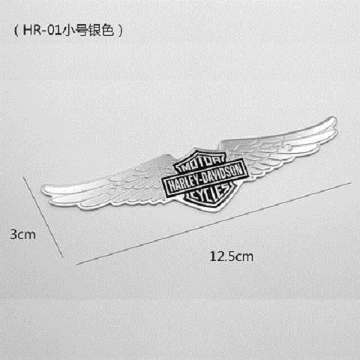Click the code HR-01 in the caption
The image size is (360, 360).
click(42, 31)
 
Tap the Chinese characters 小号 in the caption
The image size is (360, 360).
click(74, 31)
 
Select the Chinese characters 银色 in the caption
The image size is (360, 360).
click(100, 31)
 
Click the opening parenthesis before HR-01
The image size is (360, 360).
click(16, 31)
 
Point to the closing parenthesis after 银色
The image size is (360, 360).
click(120, 31)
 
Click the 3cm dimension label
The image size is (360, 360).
click(23, 235)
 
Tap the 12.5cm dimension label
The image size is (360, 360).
click(232, 256)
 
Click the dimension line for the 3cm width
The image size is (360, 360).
click(43, 217)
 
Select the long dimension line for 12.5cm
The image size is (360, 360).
click(214, 223)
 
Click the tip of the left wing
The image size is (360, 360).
click(43, 190)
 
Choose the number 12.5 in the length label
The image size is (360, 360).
click(223, 256)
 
